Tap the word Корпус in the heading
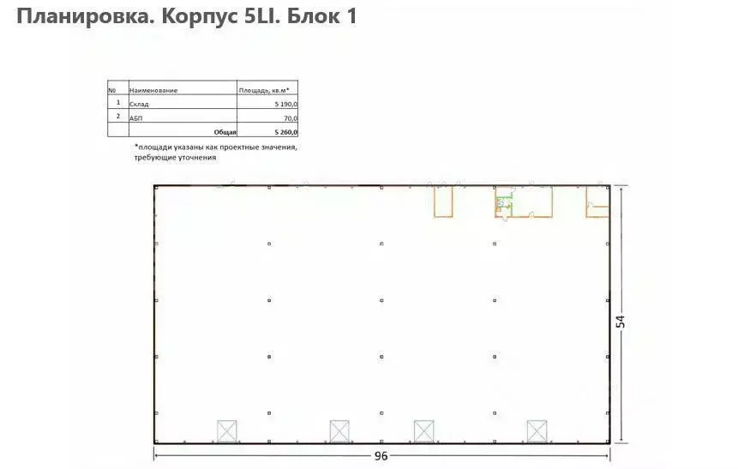tap(200, 17)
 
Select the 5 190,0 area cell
tap(285, 104)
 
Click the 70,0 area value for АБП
tap(291, 118)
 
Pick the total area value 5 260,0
tap(285, 132)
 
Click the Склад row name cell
tap(139, 104)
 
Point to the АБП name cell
tap(135, 118)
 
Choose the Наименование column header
tap(153, 90)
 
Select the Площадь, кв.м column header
tap(264, 90)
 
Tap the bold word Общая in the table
tap(225, 132)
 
